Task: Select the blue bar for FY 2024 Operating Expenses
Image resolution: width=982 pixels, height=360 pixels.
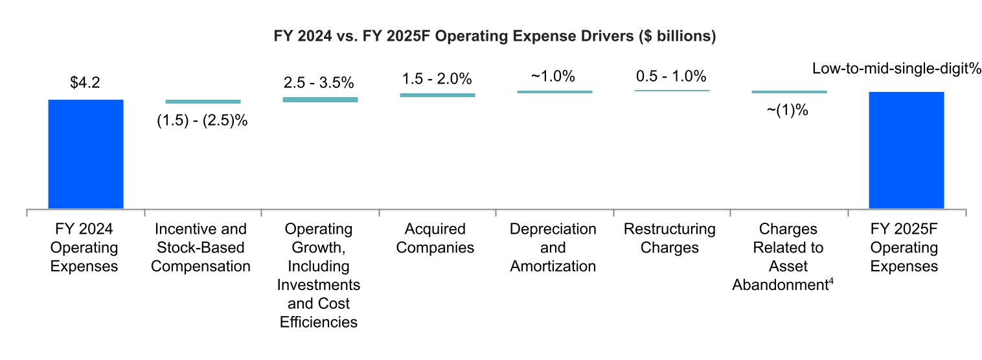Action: click(86, 154)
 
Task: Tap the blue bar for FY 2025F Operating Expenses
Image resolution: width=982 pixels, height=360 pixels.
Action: click(906, 150)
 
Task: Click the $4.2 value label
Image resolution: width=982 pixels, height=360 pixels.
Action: click(86, 83)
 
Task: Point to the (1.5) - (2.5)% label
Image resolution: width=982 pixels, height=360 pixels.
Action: click(203, 120)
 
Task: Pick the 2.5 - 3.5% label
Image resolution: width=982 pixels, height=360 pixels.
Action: click(319, 83)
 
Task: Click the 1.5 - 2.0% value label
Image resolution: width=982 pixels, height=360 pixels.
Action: click(437, 79)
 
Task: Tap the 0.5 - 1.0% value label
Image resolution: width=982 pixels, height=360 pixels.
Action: click(671, 76)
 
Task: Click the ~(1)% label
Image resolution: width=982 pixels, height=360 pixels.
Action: click(788, 110)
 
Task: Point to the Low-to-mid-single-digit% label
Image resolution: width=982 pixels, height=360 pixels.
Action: click(897, 69)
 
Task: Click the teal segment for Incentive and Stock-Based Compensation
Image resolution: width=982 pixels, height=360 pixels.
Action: click(203, 102)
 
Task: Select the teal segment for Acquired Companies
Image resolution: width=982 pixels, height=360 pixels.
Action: click(437, 95)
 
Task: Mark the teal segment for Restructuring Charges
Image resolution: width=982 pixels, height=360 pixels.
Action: click(672, 90)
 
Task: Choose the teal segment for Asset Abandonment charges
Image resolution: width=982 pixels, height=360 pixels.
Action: click(789, 92)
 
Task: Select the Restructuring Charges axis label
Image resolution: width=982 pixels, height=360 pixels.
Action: click(670, 238)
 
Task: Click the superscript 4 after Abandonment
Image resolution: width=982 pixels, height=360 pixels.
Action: click(830, 280)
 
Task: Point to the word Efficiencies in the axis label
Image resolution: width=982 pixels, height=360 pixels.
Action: click(319, 322)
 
